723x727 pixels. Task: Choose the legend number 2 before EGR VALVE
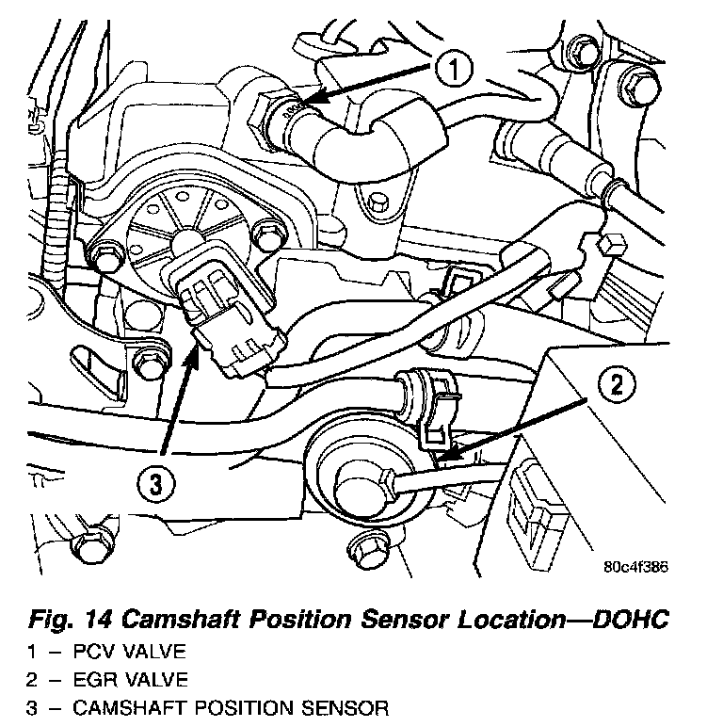(30, 679)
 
